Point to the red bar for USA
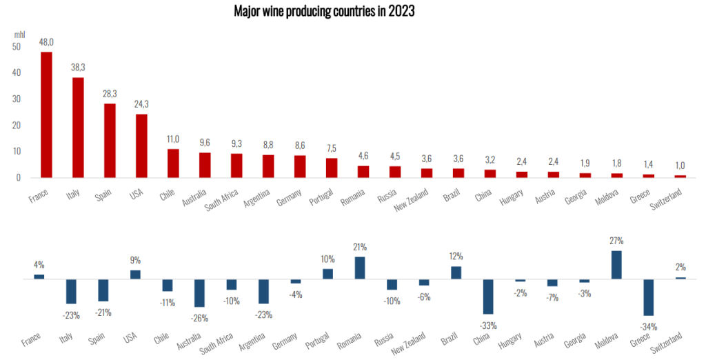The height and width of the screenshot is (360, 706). pos(141,146)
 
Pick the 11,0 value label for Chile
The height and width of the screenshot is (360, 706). pos(174,139)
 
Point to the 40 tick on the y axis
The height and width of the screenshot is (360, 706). pos(16,72)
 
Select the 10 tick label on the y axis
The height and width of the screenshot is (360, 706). pos(16,151)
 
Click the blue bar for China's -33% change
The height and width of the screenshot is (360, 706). pos(488,297)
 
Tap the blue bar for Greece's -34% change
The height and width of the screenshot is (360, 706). pos(649,297)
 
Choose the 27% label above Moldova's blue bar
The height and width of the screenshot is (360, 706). pos(616,241)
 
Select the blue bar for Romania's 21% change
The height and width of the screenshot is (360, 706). pos(360,268)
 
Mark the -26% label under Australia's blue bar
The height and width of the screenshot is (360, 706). pos(199,318)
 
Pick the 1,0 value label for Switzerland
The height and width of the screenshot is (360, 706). pos(680,166)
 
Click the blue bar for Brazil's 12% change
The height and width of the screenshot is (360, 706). pos(456,272)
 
